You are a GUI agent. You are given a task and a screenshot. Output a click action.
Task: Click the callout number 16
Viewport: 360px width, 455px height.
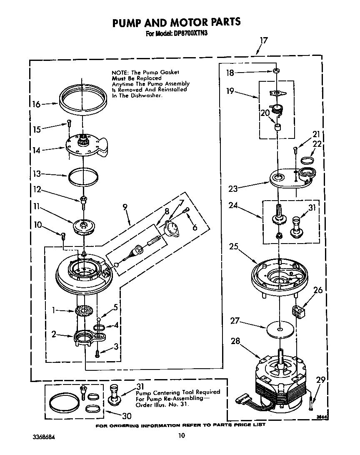click(x=36, y=104)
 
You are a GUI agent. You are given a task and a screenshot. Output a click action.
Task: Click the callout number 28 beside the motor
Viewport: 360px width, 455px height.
click(x=235, y=342)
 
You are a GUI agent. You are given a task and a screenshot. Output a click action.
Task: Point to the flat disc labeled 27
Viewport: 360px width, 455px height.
click(x=279, y=328)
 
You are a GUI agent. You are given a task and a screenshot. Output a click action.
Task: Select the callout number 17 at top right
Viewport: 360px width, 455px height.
click(x=263, y=40)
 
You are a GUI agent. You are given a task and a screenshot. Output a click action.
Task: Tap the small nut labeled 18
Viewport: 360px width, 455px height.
click(x=276, y=72)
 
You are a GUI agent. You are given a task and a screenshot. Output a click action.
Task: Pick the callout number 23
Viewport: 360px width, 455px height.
click(x=232, y=189)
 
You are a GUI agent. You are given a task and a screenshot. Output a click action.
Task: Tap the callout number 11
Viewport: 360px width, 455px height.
click(x=36, y=206)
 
